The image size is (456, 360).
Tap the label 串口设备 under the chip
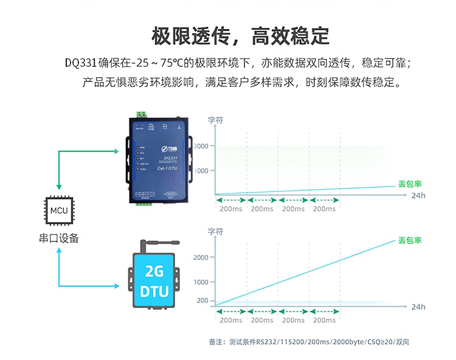tap(59, 239)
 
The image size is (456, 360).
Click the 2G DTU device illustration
tap(154, 281)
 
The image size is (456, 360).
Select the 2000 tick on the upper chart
tap(201, 146)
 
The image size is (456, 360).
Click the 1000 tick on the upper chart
tap(201, 171)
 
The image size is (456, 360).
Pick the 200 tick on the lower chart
tap(202, 301)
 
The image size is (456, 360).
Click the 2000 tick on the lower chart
tap(201, 257)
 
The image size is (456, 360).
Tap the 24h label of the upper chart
tap(418, 195)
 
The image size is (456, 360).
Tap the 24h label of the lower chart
tap(418, 307)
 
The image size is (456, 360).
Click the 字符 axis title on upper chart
tap(216, 120)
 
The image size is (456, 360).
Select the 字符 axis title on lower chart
tap(216, 231)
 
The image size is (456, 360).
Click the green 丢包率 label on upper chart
tap(410, 183)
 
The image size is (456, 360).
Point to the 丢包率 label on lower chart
tap(410, 240)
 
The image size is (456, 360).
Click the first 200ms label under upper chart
tap(230, 209)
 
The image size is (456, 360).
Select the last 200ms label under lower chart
tap(324, 320)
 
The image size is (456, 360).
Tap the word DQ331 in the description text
tap(80, 63)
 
